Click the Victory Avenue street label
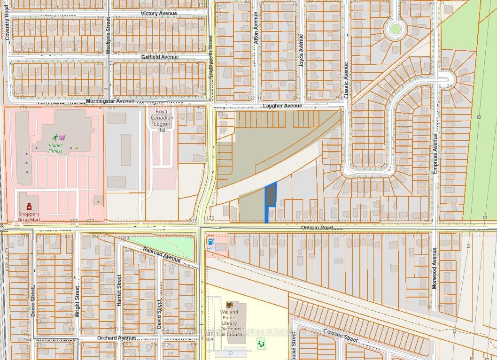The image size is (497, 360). (x=159, y=14)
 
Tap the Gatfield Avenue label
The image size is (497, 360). (x=160, y=57)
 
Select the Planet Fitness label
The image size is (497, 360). (x=55, y=148)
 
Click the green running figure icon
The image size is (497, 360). (x=55, y=138)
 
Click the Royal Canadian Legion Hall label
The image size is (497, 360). (x=162, y=120)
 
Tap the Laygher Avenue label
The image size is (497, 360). (x=282, y=106)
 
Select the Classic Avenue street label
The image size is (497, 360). (x=346, y=80)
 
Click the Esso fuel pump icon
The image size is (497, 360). (x=211, y=241)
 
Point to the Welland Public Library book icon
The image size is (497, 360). (x=229, y=305)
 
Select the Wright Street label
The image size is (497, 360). (x=77, y=302)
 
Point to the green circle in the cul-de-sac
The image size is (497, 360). (x=395, y=30)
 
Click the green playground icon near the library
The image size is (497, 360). (x=261, y=344)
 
